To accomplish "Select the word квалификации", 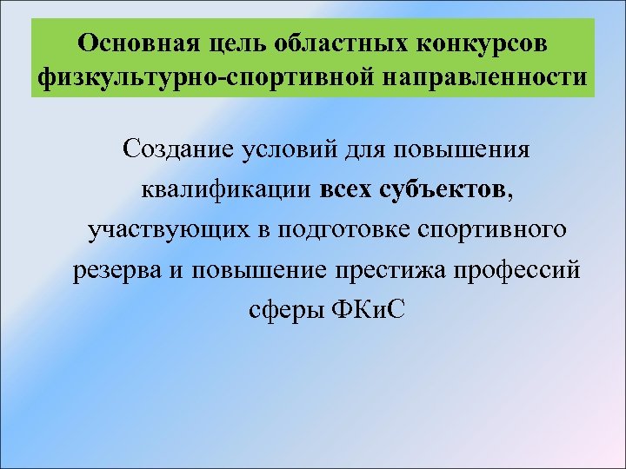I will (x=225, y=190).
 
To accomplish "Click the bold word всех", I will (x=348, y=190).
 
